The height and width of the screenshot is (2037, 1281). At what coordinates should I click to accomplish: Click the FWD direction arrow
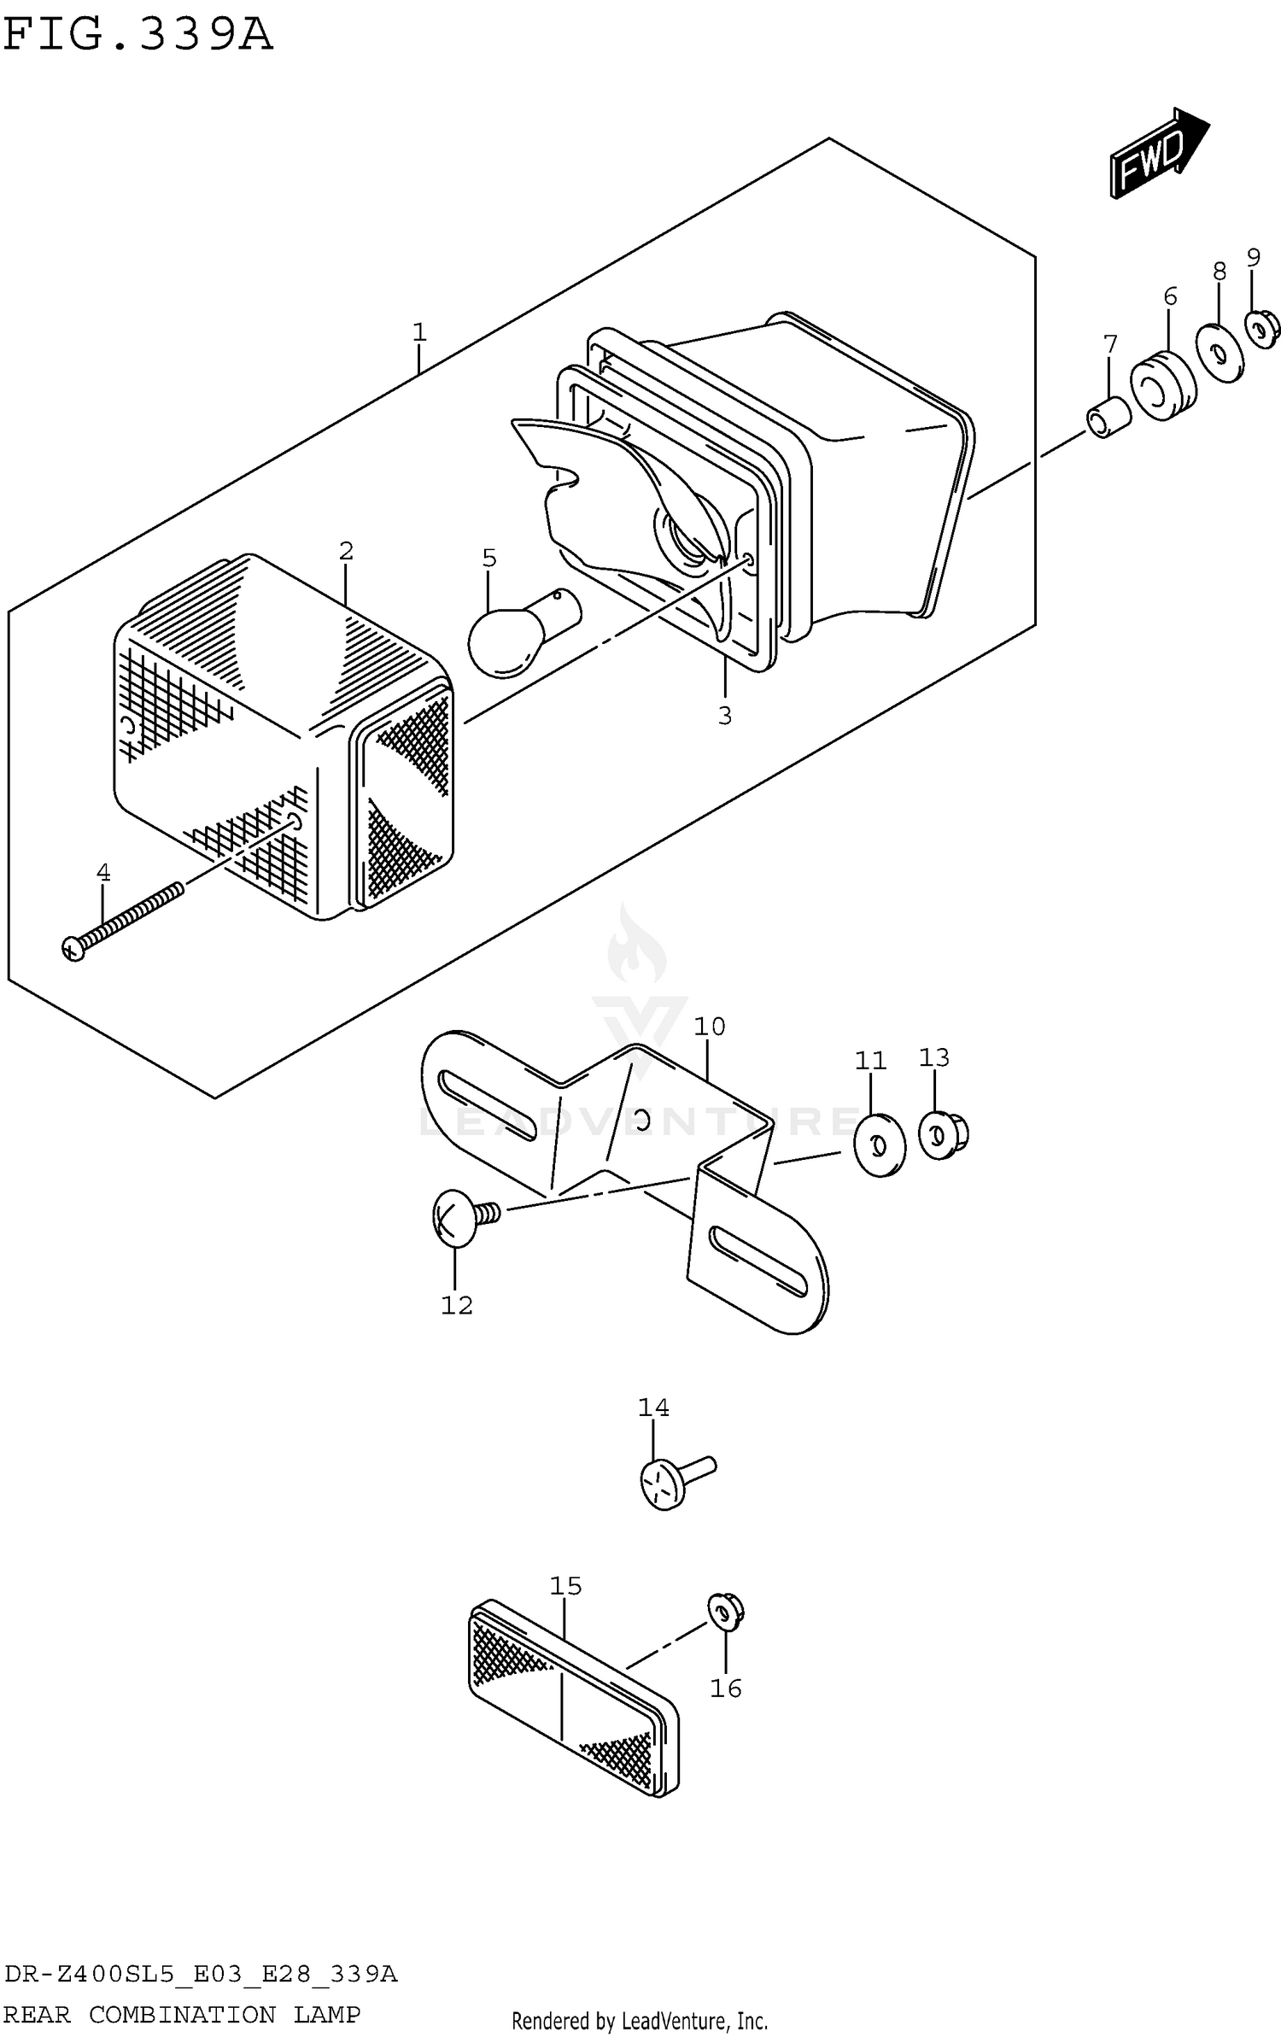[1157, 155]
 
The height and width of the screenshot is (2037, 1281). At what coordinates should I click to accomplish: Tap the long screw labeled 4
[124, 920]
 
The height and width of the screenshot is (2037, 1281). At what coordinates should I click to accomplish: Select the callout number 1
[418, 331]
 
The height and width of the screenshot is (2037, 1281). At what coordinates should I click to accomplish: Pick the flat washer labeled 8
[1220, 352]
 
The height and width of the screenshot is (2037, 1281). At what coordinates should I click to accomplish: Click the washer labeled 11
[880, 1144]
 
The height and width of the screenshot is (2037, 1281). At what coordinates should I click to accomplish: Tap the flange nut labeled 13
[943, 1134]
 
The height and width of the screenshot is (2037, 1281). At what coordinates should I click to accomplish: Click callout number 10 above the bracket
[709, 1026]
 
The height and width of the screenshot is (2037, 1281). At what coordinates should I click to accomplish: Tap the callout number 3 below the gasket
[724, 715]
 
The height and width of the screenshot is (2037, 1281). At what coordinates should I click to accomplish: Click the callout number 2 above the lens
[345, 551]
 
